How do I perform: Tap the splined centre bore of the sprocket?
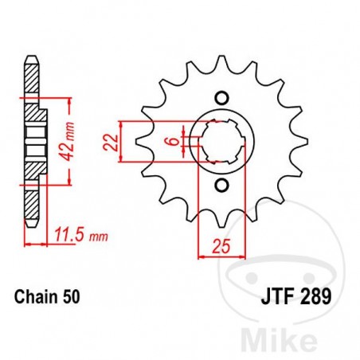221,142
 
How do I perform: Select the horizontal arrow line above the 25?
221,256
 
